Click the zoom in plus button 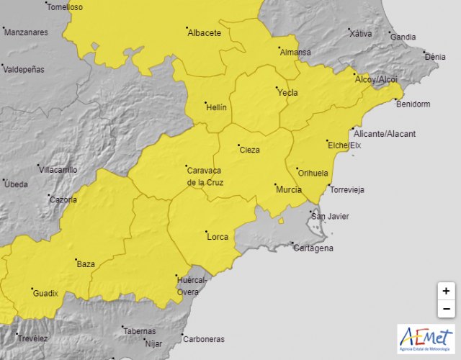(447, 291)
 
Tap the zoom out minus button (447, 309)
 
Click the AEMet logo (426, 339)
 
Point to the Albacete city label (204, 33)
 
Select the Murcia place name (288, 189)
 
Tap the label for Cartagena (313, 248)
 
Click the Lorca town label (217, 236)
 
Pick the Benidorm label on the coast (413, 104)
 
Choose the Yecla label (287, 92)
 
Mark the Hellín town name (216, 107)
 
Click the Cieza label (249, 150)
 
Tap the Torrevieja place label (346, 190)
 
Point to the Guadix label (45, 293)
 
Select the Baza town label (86, 264)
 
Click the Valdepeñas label (24, 69)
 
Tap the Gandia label (403, 37)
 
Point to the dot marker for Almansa (279, 49)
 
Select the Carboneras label (203, 339)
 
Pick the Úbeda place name (16, 184)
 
